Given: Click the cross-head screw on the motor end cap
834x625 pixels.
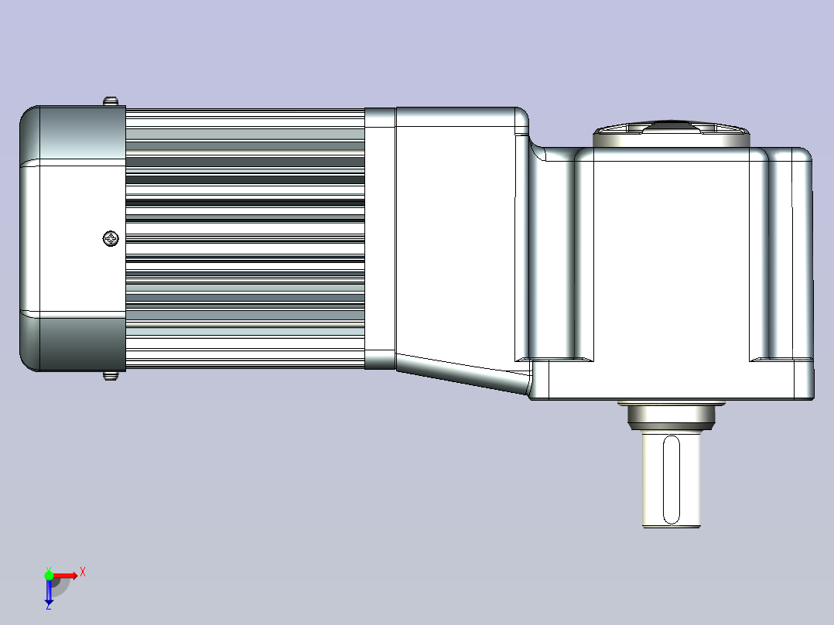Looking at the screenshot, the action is pyautogui.click(x=111, y=238).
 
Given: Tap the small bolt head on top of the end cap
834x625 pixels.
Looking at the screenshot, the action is pyautogui.click(x=111, y=101).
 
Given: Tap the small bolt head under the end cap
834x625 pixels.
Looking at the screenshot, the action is pyautogui.click(x=111, y=375).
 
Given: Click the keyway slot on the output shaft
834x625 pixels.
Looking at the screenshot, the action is pyautogui.click(x=672, y=480).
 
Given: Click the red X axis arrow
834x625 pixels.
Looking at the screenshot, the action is pyautogui.click(x=64, y=575).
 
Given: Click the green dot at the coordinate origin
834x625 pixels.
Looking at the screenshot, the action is pyautogui.click(x=49, y=575).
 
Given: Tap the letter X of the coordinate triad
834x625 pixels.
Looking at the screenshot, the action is pyautogui.click(x=83, y=572).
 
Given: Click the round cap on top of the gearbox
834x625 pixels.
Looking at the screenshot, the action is pyautogui.click(x=672, y=134).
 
